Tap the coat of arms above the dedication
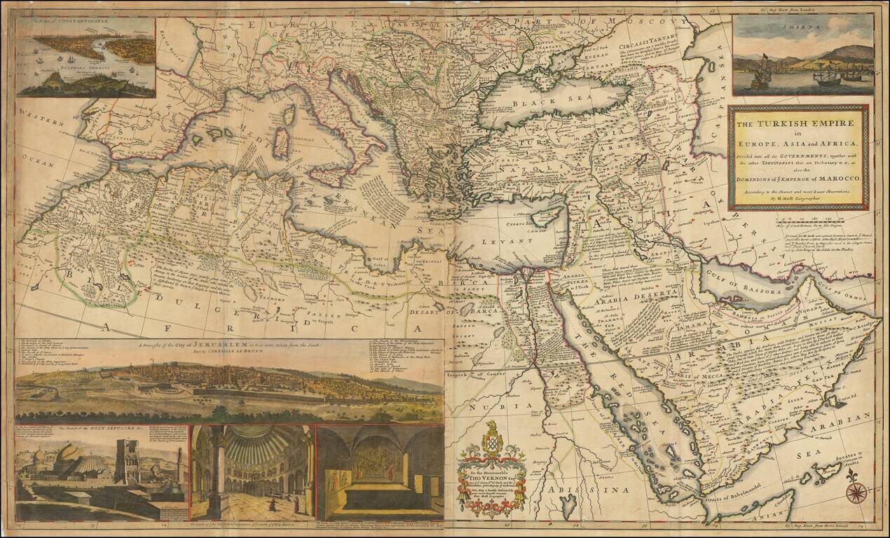pyautogui.click(x=493, y=441)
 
